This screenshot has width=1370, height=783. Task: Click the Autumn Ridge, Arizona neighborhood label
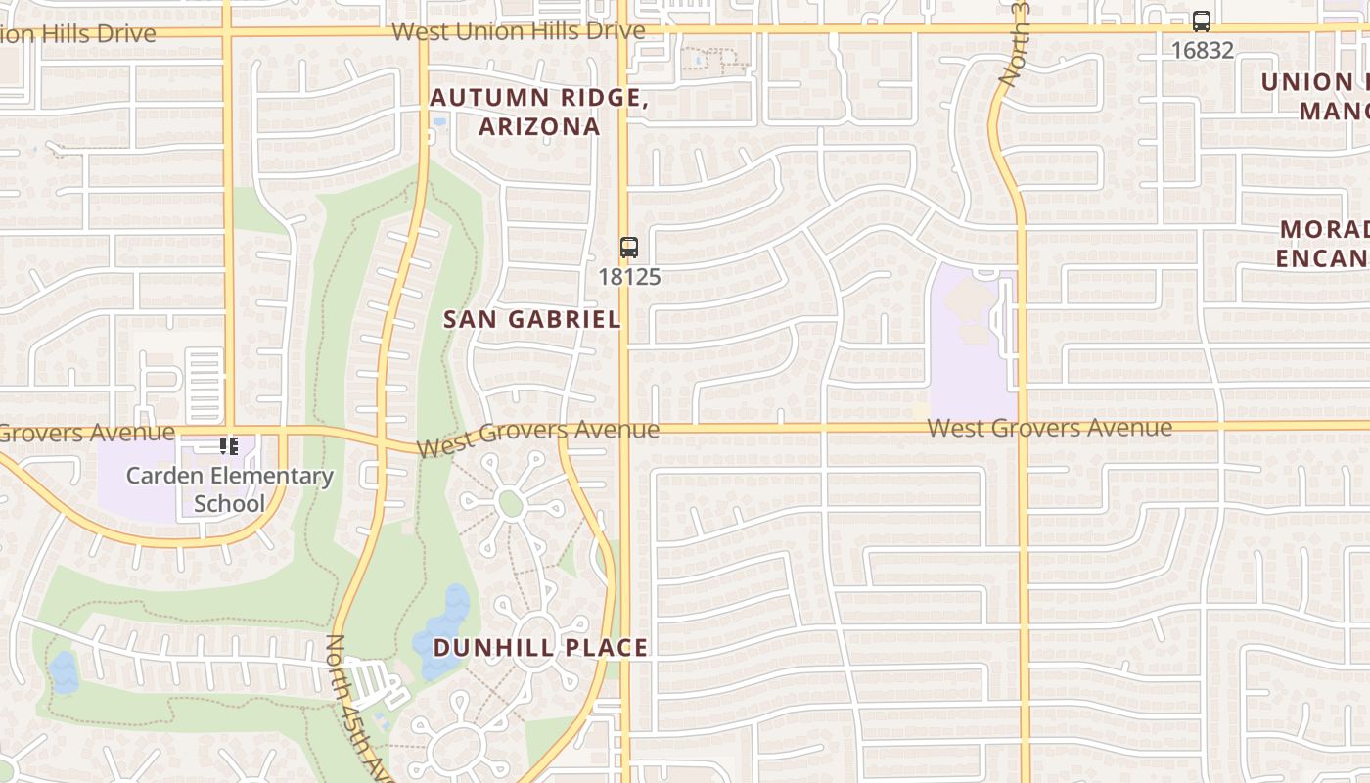click(x=538, y=112)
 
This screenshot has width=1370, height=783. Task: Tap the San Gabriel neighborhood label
click(x=532, y=319)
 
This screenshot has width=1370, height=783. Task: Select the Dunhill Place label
click(x=540, y=648)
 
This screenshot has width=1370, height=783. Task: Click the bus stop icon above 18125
click(x=629, y=248)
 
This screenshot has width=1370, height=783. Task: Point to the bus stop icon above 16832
click(x=1202, y=22)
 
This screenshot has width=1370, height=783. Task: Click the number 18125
click(x=629, y=277)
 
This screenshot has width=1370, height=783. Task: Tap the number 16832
click(x=1202, y=50)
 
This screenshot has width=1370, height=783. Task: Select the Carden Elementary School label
click(x=230, y=489)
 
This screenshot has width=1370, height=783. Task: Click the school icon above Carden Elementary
click(x=229, y=447)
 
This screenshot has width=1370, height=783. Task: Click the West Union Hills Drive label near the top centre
click(x=518, y=31)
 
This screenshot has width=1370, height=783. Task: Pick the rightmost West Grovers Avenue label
click(x=1049, y=428)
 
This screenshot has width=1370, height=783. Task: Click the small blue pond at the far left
click(x=64, y=671)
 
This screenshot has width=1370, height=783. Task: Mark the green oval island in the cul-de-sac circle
click(x=510, y=504)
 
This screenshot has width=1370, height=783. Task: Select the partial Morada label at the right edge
click(x=1323, y=244)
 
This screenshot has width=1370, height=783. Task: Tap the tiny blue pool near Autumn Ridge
click(x=438, y=123)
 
